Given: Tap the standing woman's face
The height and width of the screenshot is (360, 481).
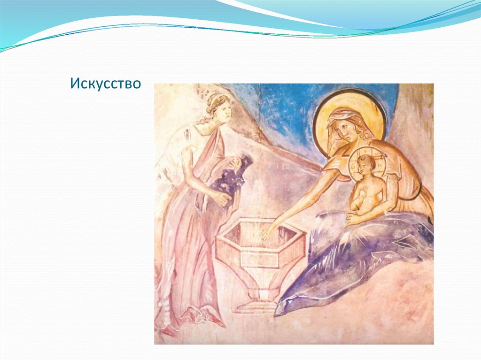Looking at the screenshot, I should coord(223,109).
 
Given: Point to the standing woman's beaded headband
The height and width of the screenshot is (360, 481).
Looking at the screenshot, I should coord(216,97).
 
